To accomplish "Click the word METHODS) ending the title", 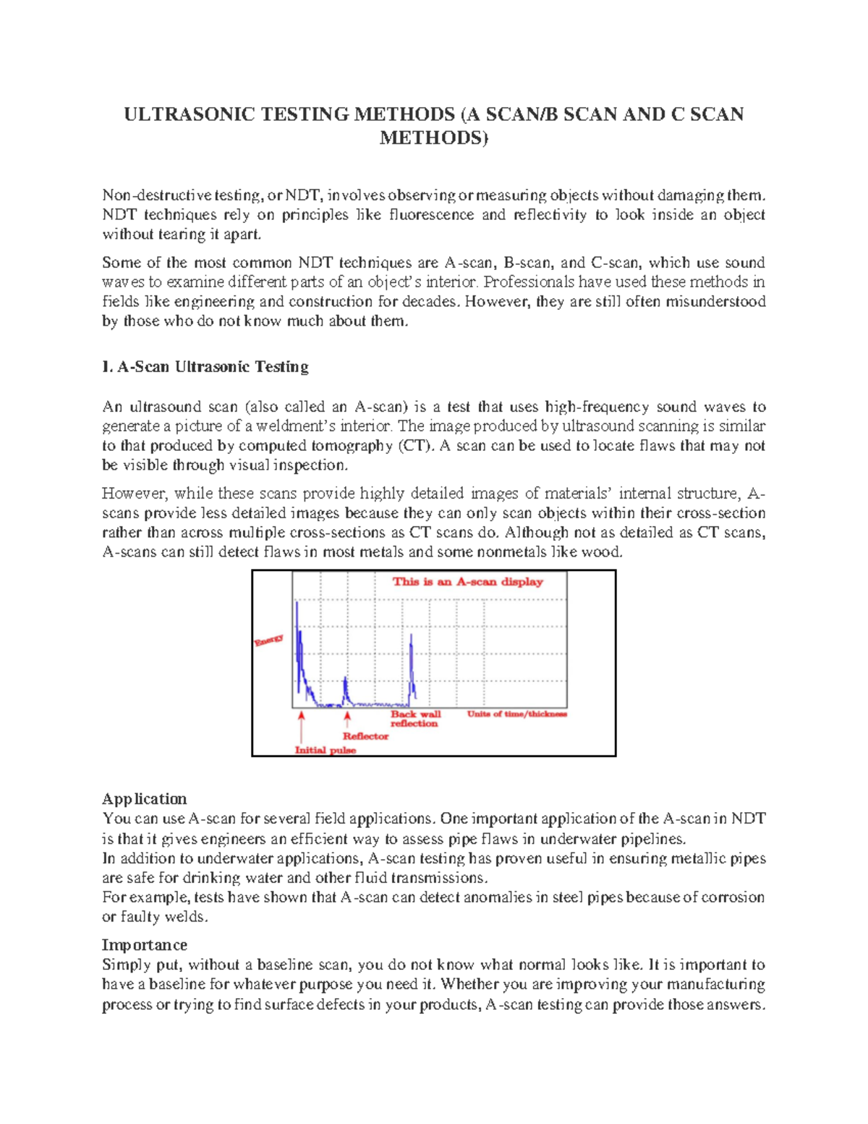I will [x=434, y=138].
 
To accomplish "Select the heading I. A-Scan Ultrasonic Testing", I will [x=205, y=367].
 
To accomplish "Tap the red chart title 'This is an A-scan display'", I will [x=467, y=581].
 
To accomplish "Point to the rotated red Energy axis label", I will [x=268, y=640].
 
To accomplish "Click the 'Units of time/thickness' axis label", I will [x=516, y=714].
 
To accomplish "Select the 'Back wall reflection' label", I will [x=415, y=719].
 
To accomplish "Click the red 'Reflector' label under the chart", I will [x=365, y=736].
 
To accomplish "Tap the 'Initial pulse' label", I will [x=325, y=751].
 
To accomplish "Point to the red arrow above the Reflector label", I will [x=347, y=719].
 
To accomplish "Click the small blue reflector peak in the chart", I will [x=346, y=690].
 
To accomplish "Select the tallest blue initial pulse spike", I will [x=297, y=637].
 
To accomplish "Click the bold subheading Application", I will [x=144, y=799].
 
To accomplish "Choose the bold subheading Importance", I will [x=144, y=945].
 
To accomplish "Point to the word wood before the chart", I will [x=606, y=552].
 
